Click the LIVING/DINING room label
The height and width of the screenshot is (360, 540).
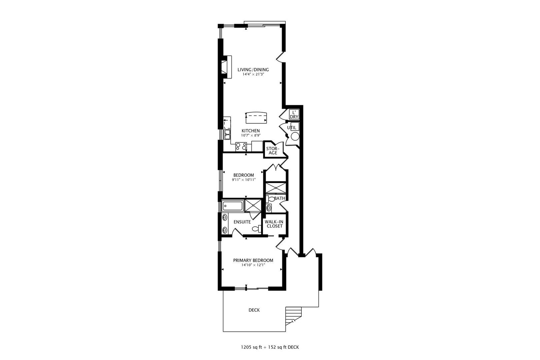(253, 70)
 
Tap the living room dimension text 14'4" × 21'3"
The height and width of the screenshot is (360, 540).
(253, 75)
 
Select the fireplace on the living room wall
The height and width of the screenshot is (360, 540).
(227, 67)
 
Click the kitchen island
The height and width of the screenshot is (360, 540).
(256, 117)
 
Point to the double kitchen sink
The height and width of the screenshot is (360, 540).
(228, 134)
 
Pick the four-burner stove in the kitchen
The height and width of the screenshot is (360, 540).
(241, 147)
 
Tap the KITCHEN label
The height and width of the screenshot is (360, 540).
(250, 131)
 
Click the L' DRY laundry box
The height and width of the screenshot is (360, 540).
(294, 115)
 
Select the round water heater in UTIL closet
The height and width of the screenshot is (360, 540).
(295, 136)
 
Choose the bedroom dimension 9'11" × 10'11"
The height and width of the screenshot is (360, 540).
(243, 180)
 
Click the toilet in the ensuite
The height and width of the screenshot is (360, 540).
(256, 229)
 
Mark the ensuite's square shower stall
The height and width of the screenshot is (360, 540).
(253, 205)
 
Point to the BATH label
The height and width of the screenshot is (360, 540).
(280, 198)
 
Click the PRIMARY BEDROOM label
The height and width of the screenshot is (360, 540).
(253, 260)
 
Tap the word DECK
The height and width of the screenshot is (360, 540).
(254, 310)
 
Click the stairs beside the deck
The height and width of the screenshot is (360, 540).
(294, 315)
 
